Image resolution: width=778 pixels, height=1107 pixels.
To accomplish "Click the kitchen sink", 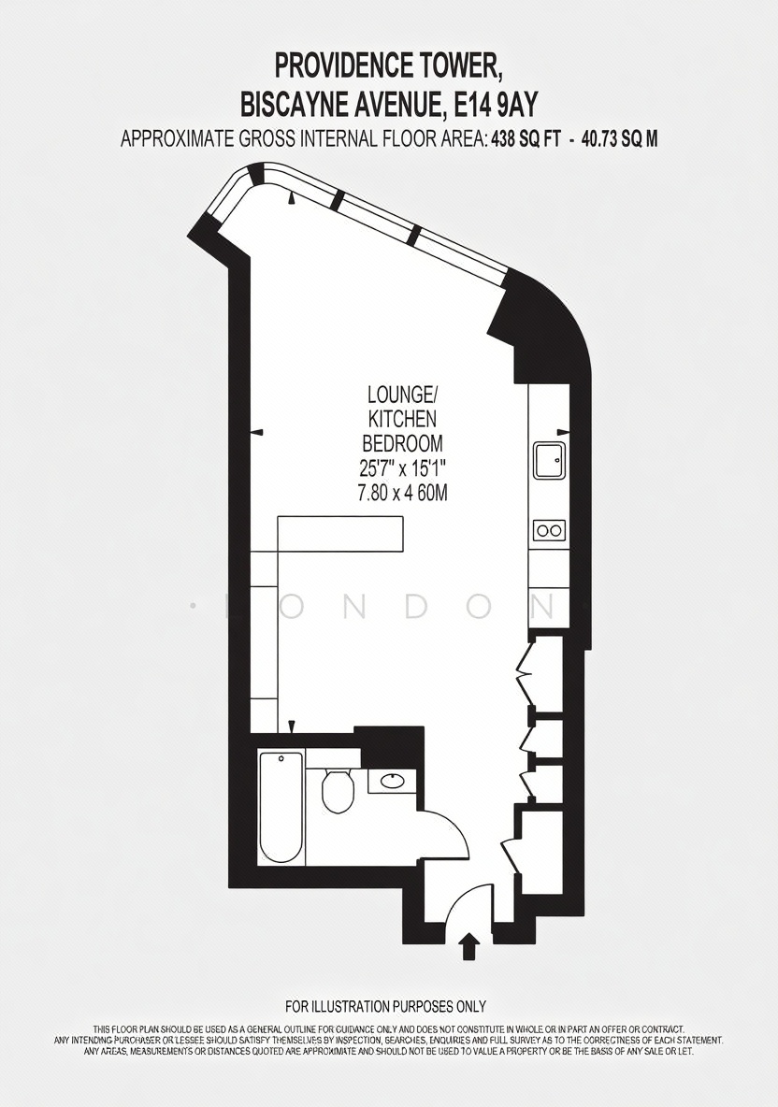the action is [x=548, y=460].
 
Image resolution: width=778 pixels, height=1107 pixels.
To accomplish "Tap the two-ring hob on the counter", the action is [x=549, y=529].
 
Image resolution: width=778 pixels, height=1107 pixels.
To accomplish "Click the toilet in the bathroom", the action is [x=339, y=788].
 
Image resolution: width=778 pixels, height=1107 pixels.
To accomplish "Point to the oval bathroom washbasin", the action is [x=392, y=781].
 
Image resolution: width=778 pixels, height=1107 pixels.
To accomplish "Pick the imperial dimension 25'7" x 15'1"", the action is [x=402, y=468].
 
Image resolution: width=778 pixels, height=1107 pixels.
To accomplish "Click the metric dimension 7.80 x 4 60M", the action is [x=402, y=493].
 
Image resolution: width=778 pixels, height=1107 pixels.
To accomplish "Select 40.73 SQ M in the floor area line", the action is [x=619, y=139].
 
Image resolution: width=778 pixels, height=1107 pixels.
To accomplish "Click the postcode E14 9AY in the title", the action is [x=497, y=105].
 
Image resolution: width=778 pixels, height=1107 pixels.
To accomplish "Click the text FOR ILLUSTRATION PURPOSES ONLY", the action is [x=385, y=1006].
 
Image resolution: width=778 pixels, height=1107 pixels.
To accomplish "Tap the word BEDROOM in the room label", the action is [x=402, y=443].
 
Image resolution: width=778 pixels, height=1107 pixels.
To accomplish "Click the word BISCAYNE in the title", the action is [x=292, y=105].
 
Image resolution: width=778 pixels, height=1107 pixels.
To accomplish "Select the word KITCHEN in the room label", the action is [x=402, y=419].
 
